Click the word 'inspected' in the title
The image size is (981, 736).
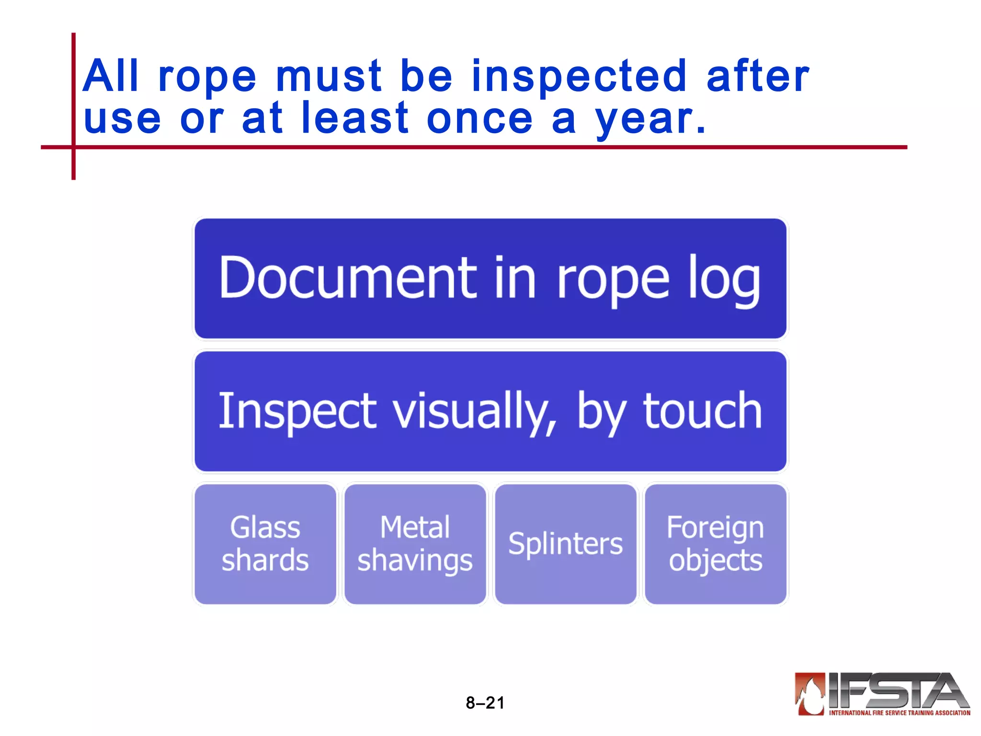579,77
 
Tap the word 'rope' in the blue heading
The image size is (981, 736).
207,78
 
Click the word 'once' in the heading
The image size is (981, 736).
479,119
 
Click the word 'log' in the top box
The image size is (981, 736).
724,281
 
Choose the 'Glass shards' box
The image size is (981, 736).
265,544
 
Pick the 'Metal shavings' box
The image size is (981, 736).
415,544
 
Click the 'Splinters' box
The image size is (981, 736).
566,544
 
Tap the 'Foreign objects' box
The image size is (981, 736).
716,544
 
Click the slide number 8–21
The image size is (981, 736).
485,703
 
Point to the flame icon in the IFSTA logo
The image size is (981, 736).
810,693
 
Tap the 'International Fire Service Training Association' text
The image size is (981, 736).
900,713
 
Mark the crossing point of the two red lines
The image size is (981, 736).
73,147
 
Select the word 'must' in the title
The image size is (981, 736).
329,77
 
